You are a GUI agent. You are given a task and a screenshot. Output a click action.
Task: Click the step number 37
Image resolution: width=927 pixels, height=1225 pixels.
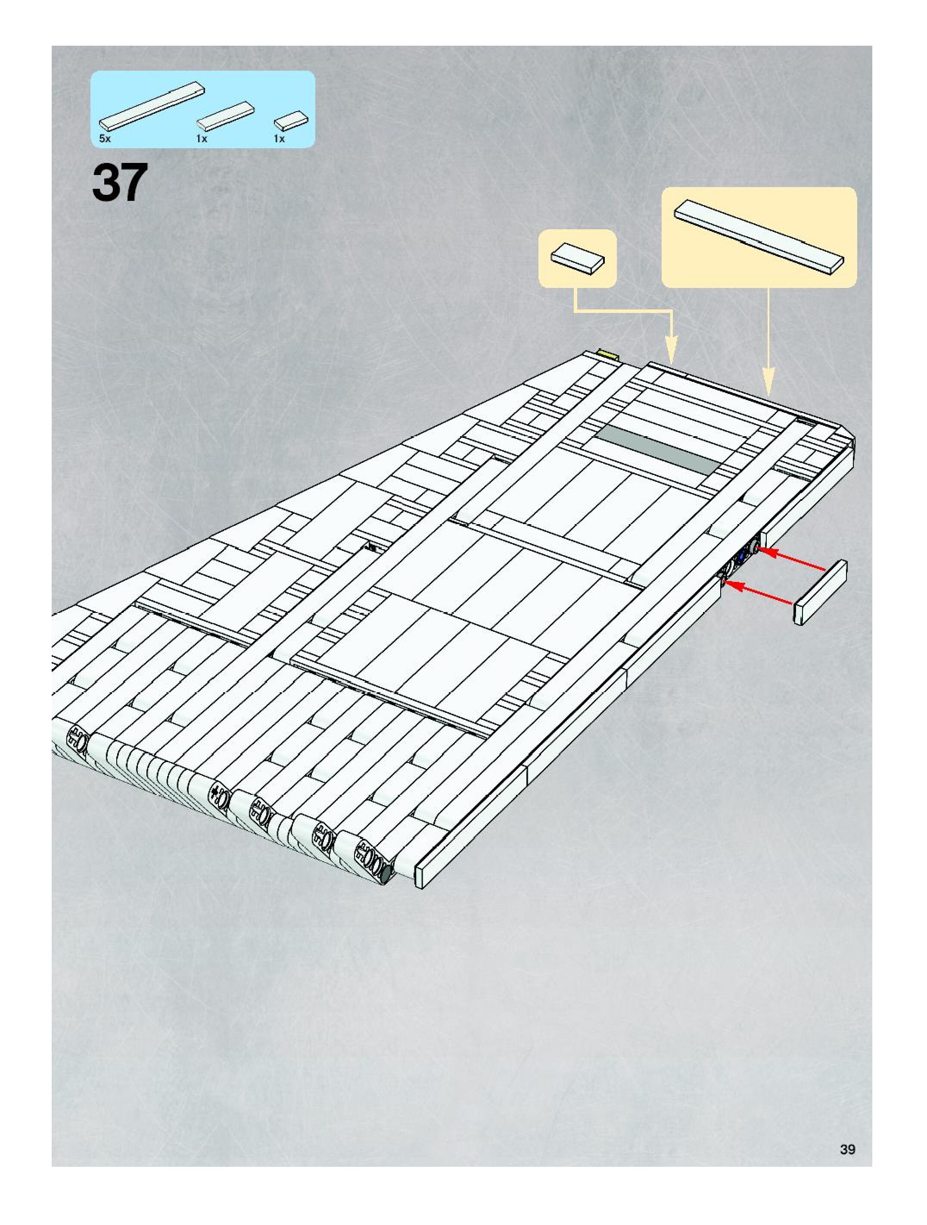tap(120, 182)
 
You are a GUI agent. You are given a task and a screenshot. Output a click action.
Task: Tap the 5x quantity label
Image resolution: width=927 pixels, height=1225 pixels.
tap(105, 138)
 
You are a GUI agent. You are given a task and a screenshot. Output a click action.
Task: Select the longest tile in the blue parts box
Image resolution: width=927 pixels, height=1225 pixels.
tap(152, 105)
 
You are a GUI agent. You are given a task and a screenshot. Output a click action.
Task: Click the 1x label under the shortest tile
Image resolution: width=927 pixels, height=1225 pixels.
tap(279, 138)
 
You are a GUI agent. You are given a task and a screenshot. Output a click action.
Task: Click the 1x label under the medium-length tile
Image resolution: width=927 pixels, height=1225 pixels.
tap(202, 138)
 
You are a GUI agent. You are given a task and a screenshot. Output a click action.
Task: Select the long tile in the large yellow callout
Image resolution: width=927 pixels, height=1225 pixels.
tap(759, 236)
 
